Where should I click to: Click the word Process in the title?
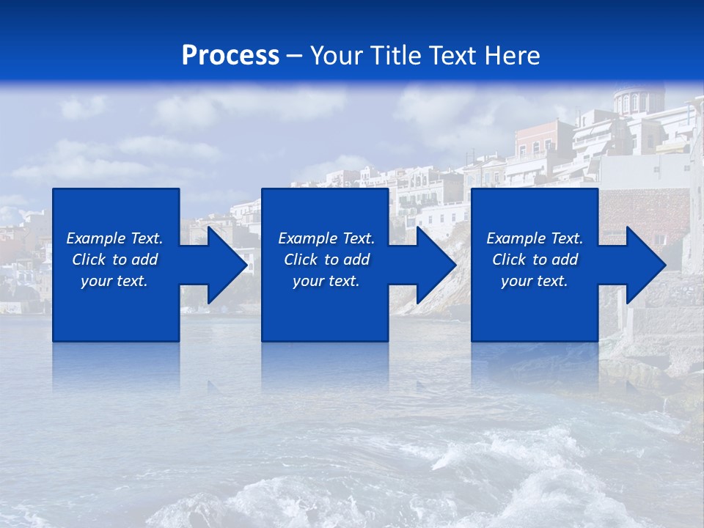[x=230, y=56]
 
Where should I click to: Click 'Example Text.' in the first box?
[x=114, y=238]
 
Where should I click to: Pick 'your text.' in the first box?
[x=114, y=281]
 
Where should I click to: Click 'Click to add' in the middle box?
[x=326, y=260]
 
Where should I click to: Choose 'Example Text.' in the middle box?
[x=326, y=238]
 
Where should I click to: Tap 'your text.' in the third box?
[x=535, y=281]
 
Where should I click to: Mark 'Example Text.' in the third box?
[x=535, y=238]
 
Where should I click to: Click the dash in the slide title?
[x=294, y=56]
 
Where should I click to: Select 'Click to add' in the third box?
[x=535, y=260]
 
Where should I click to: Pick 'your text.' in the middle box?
[x=326, y=281]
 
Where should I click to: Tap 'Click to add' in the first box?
[x=114, y=260]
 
